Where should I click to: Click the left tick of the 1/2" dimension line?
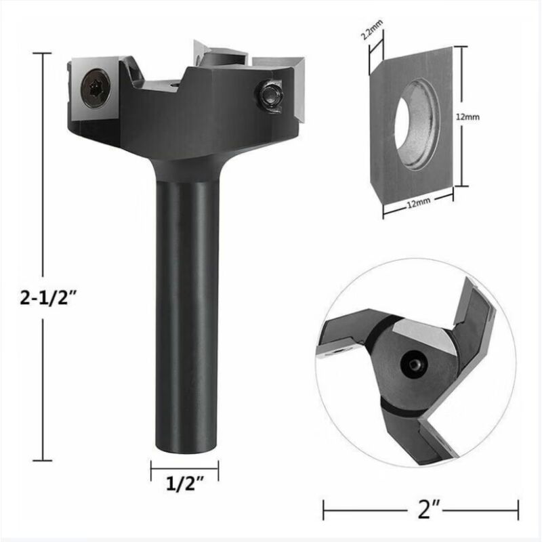[x=151, y=467]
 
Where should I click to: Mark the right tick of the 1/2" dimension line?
[x=218, y=467]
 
